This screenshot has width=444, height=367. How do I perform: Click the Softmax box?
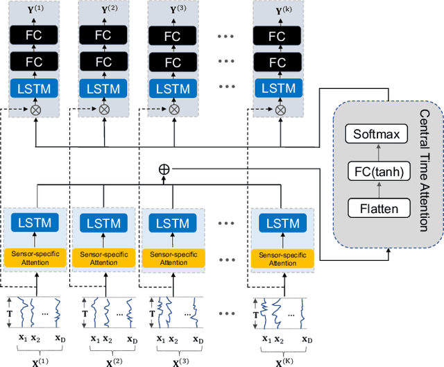coord(377,134)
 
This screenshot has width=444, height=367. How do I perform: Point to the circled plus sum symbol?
coord(164,169)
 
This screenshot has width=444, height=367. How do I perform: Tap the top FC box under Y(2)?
coord(103,36)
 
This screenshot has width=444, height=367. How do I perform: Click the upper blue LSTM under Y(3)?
coord(173,88)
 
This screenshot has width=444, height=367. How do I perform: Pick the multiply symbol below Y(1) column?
coord(35,110)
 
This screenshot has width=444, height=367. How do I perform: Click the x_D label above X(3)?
coord(199,340)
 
